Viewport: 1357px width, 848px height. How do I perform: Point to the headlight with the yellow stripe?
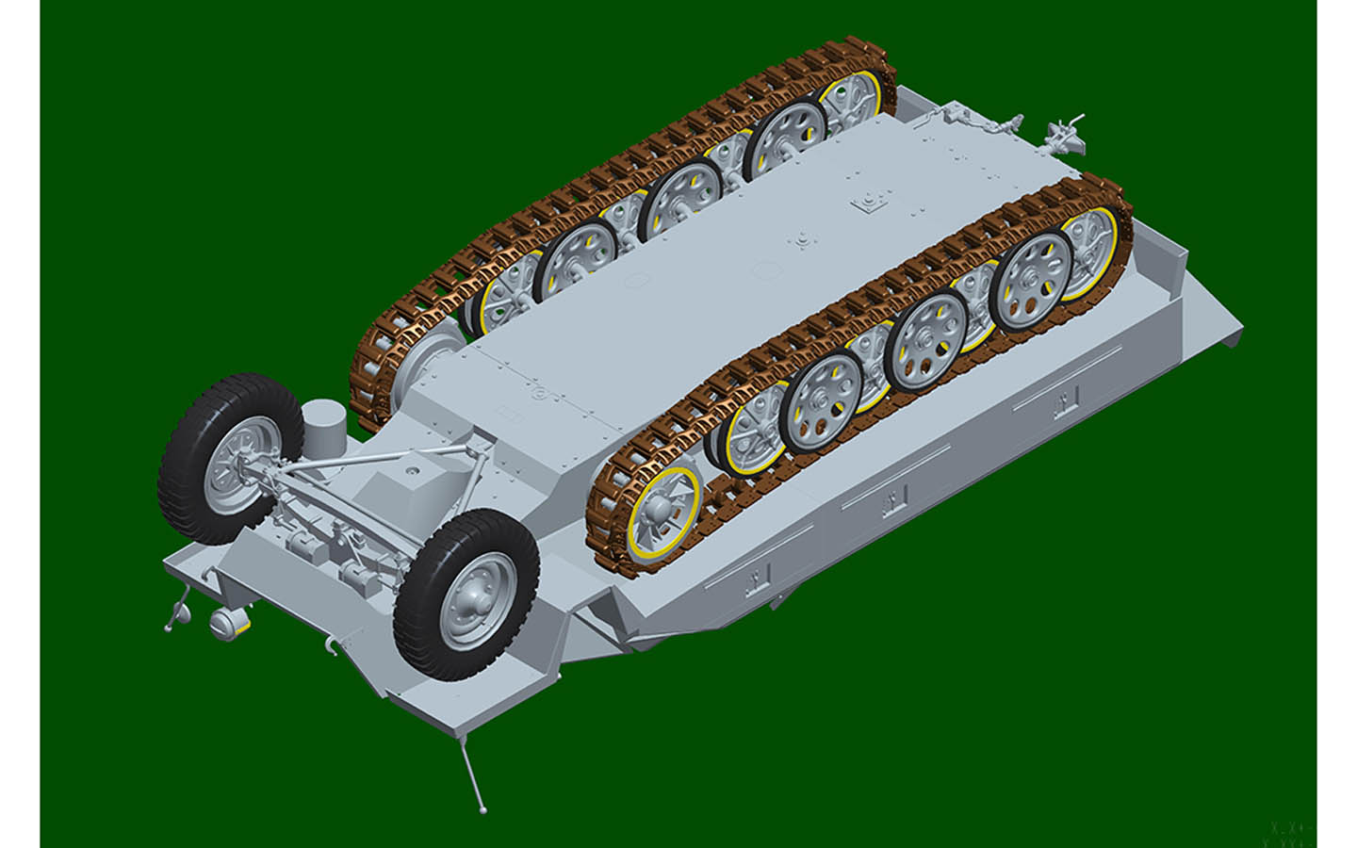click(228, 622)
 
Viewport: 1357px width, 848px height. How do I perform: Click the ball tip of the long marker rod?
click(483, 808)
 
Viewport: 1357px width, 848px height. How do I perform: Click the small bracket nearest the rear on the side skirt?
click(1064, 403)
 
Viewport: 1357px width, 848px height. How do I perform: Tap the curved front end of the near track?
click(603, 528)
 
